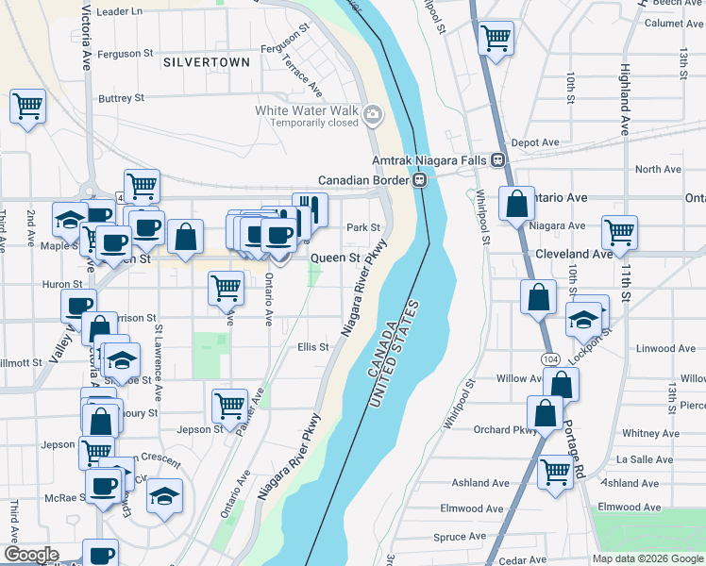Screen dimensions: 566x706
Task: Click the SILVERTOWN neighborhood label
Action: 207,62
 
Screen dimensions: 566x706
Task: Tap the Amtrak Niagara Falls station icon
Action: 496,161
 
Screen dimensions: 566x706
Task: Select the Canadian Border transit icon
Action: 421,180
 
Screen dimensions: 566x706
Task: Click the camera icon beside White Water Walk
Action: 373,115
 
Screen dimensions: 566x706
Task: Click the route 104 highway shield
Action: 550,360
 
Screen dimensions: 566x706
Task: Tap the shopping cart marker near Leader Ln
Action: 496,40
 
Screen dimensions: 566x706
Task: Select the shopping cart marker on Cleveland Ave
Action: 619,232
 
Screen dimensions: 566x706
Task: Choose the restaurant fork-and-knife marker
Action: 310,208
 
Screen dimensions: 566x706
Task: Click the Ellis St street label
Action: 312,347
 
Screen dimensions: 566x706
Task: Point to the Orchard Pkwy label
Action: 505,430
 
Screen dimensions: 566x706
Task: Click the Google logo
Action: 31,555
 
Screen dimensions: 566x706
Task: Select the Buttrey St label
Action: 121,97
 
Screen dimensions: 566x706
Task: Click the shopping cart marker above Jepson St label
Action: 229,407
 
